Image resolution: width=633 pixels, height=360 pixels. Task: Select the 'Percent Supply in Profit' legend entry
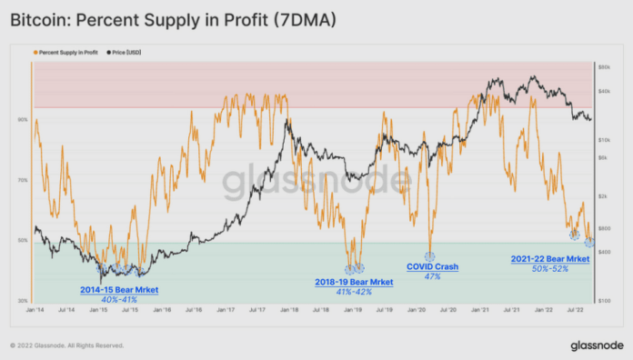[65, 53]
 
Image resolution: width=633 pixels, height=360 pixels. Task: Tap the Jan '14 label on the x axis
[35, 310]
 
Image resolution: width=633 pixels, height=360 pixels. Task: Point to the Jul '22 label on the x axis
[576, 310]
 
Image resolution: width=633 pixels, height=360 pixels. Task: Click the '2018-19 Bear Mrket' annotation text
[355, 282]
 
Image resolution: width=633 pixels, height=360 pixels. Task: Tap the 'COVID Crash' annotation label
[433, 267]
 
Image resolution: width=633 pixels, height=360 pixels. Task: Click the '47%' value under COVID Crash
[433, 276]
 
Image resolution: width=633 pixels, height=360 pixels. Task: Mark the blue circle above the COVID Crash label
[429, 256]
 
